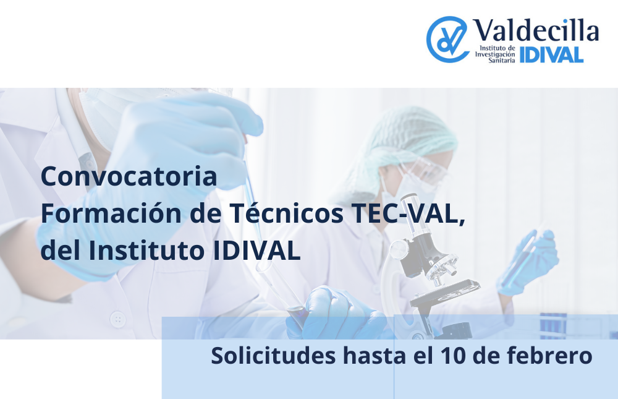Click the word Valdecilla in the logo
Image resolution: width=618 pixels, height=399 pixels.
pos(536,30)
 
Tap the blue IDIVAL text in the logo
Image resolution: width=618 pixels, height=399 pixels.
pos(551,55)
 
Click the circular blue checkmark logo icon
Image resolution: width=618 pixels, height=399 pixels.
pos(447,39)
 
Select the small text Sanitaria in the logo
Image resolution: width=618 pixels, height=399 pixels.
pos(502,61)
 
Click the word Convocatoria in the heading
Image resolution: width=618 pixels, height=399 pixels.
pos(129,176)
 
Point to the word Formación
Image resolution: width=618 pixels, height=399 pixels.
pos(111,213)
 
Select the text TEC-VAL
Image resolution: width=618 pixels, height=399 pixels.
pos(408,213)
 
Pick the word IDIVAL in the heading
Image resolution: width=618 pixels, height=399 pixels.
pos(256,251)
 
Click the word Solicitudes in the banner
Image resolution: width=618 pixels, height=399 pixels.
pos(273,355)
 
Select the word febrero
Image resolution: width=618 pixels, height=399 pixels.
pos(550,355)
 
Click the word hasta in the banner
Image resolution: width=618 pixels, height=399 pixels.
pos(374,355)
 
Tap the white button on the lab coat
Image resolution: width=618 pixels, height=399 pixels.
pos(118,319)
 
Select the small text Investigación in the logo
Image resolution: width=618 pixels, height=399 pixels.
pos(495,54)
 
